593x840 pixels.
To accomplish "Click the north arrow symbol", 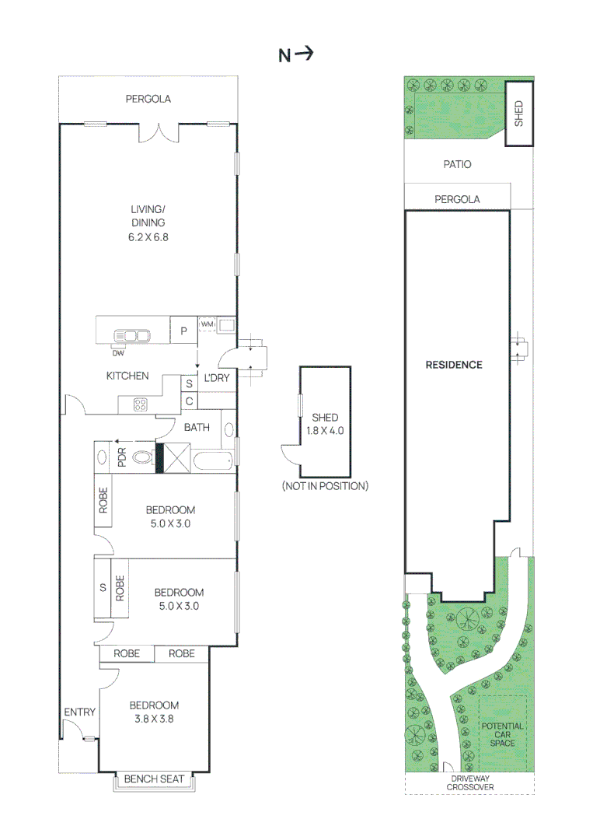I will [296, 54].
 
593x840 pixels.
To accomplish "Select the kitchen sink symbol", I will [131, 336].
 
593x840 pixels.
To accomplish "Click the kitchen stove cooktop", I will [141, 404].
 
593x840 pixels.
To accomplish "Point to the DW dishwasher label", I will [119, 352].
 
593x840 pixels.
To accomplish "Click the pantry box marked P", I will [183, 331].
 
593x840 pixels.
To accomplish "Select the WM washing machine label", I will [208, 324].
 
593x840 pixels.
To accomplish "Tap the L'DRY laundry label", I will [215, 378].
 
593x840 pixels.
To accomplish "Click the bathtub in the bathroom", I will [212, 461].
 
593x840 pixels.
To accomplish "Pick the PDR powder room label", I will [122, 457].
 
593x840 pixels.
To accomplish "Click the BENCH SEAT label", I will [154, 779].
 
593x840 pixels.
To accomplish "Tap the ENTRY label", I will [79, 712].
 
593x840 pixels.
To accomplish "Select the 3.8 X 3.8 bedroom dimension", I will [154, 719].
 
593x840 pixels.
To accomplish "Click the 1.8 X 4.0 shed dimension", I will [325, 429].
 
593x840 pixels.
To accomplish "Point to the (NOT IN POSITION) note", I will [325, 486].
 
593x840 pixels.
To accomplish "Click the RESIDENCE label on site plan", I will [454, 364].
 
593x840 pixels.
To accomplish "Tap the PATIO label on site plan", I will [457, 164].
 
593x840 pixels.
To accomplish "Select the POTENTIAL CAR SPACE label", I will [502, 734].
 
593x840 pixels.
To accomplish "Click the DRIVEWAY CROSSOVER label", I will [470, 782].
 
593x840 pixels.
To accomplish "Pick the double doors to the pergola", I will [159, 133].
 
